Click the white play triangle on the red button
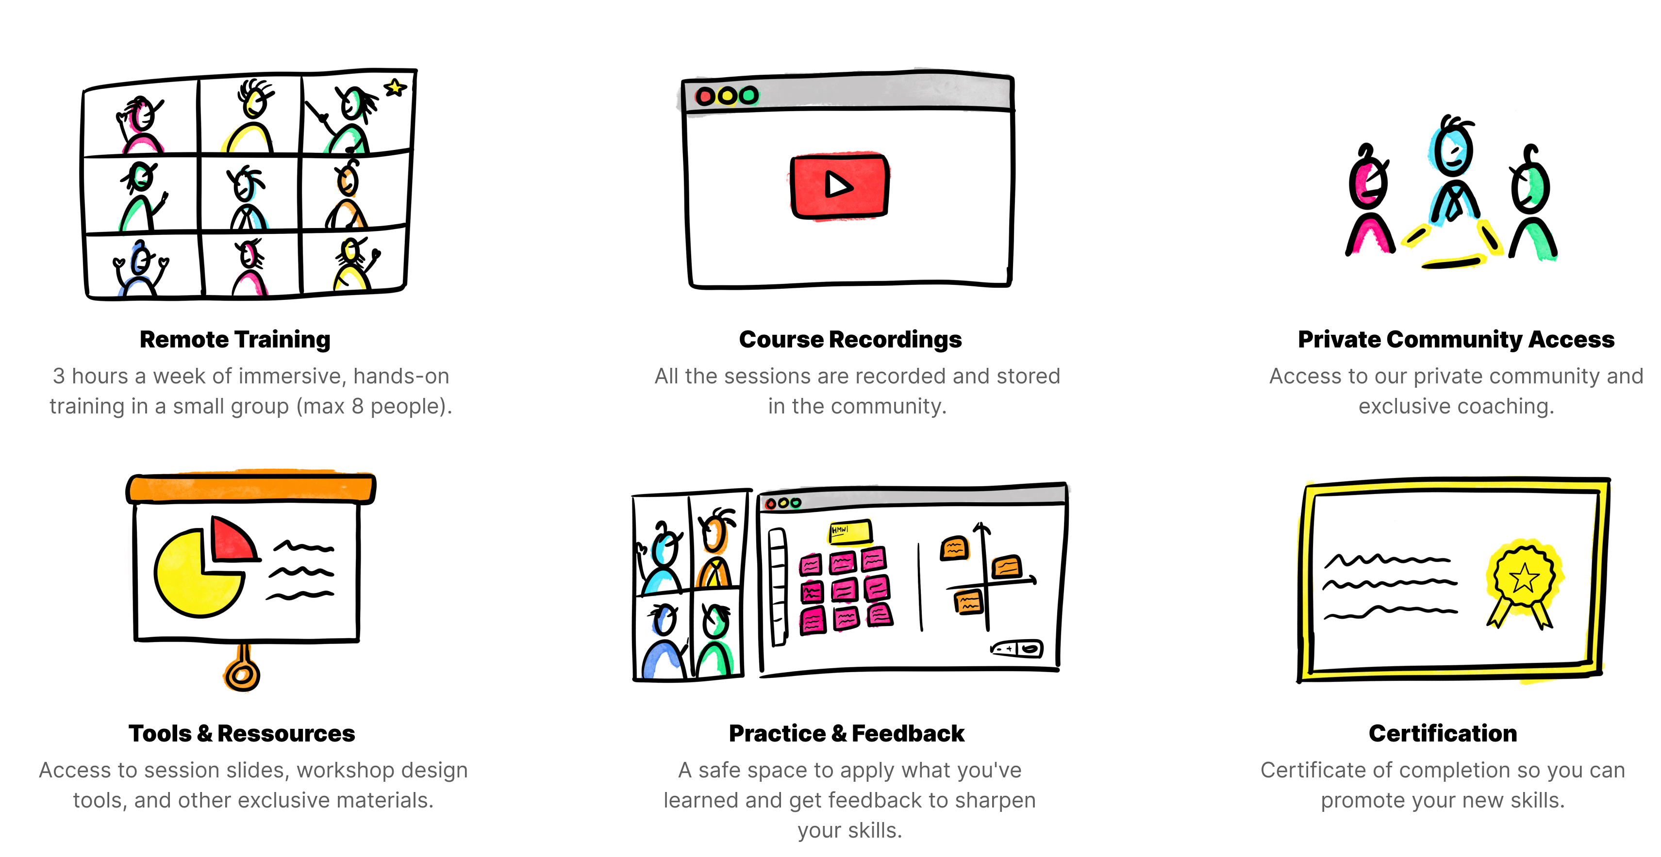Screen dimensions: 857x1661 tap(838, 185)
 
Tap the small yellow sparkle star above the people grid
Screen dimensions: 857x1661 tap(395, 86)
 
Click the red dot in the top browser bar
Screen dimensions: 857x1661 tap(705, 97)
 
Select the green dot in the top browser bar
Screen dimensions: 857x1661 tap(748, 96)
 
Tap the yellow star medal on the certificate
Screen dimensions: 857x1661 tap(1524, 577)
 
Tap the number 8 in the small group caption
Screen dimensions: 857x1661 tap(357, 406)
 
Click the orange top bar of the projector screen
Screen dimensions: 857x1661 tap(251, 488)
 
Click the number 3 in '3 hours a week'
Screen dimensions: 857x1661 tap(59, 376)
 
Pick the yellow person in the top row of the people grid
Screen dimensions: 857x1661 tap(246, 126)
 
